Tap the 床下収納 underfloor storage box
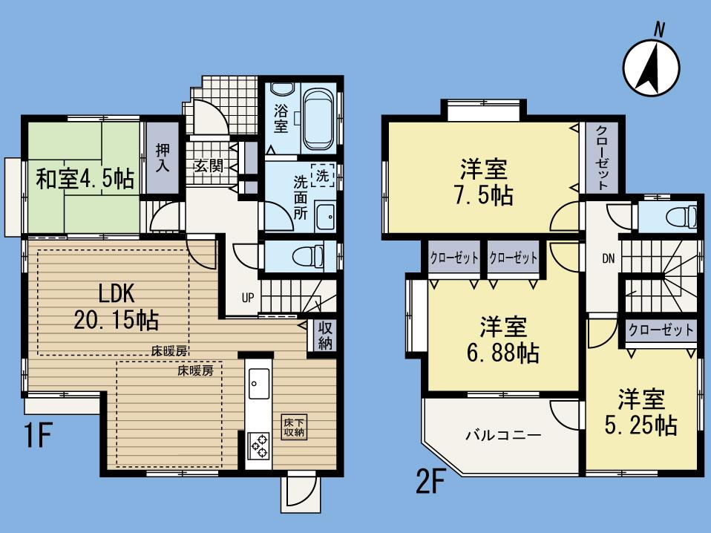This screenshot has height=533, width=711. pos(293,428)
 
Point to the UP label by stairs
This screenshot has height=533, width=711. pos(247,298)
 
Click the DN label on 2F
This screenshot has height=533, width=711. pos(608,258)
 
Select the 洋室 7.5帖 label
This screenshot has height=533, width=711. pos(483,183)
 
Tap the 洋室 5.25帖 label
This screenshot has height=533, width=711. pos(645,412)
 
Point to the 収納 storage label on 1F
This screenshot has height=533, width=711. pos(325,336)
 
